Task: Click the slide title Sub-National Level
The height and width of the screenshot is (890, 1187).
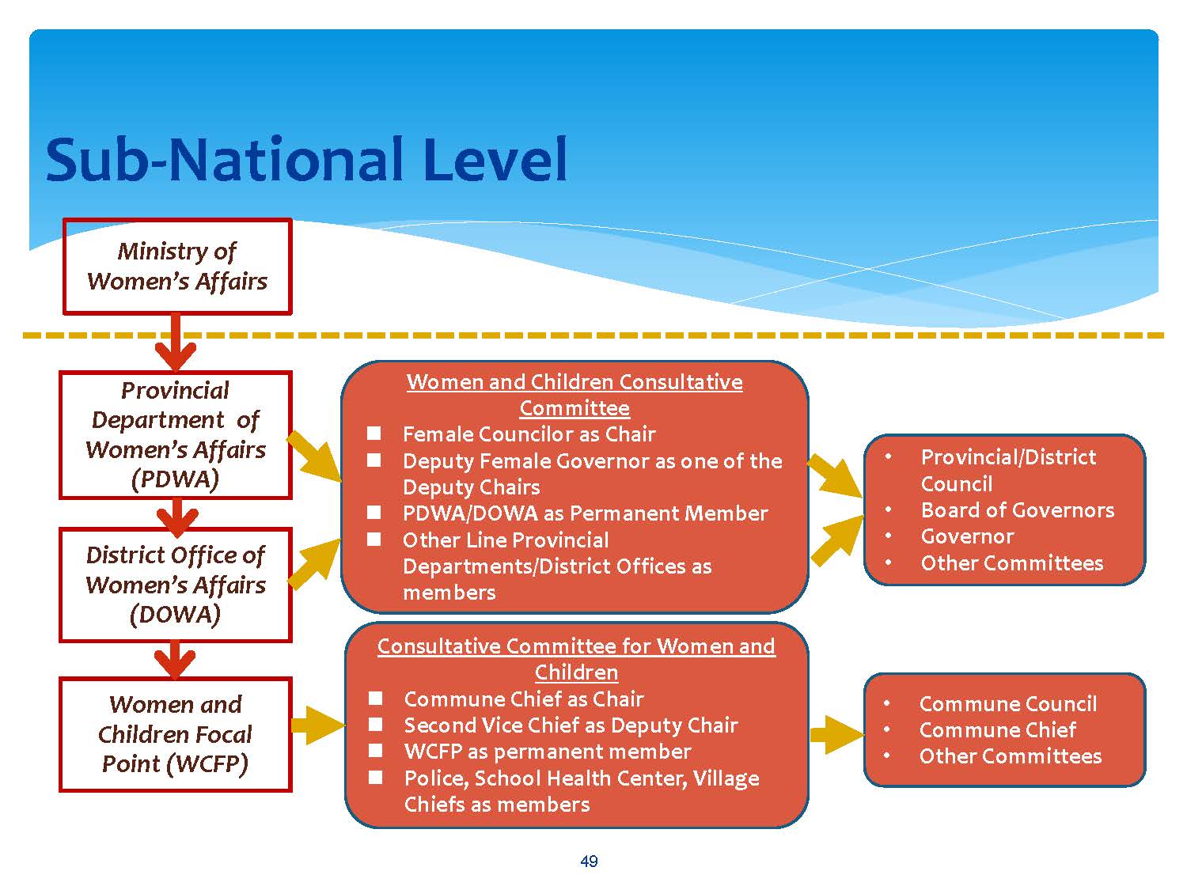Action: pos(306,160)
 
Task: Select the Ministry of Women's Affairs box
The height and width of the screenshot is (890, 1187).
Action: pos(177,267)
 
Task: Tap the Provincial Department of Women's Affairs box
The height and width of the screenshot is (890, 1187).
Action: pos(176,434)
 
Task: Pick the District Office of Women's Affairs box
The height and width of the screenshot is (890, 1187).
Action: pos(176,585)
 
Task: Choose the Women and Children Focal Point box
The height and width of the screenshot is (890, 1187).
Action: pos(176,734)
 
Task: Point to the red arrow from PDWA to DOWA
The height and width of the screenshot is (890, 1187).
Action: pos(176,517)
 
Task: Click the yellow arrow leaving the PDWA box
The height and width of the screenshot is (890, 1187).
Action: pos(315,456)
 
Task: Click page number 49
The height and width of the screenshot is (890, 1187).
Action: pos(589,862)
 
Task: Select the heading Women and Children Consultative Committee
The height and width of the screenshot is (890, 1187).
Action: pos(575,395)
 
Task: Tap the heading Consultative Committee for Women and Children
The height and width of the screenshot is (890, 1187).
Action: pos(576,659)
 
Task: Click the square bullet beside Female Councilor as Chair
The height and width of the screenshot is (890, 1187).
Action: pos(374,434)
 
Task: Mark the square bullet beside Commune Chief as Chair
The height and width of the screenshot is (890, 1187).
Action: pos(376,699)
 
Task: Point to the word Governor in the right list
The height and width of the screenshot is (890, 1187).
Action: pos(967,536)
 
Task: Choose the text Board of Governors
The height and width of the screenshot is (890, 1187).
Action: pos(1017,510)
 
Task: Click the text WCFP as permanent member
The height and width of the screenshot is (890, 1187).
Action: pos(548,752)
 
